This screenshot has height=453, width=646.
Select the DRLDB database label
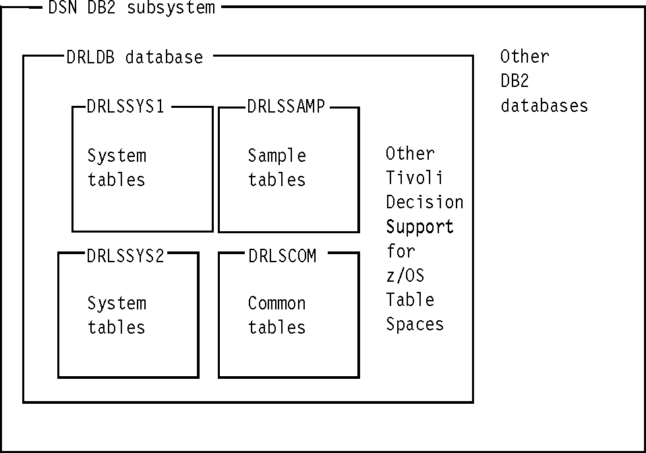coord(134,57)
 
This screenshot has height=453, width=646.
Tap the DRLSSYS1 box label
coord(125,107)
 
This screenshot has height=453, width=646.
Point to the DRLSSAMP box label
coord(287,107)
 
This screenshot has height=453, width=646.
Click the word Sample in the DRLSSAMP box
coord(276,156)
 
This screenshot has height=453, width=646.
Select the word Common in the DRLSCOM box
coord(276,304)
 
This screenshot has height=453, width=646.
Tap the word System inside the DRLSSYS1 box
coord(117,156)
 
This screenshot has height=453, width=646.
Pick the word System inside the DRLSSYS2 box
coord(117,304)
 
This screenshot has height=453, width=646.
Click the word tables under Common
coord(276,328)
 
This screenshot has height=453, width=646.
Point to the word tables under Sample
coord(276,180)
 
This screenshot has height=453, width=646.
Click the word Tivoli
coord(415,178)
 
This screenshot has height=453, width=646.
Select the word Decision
coord(424,202)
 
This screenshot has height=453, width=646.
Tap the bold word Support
coord(419,227)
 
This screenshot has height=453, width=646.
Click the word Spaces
coord(415,324)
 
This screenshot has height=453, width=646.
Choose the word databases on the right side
coord(544,106)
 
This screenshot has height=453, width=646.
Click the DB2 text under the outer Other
coord(515,81)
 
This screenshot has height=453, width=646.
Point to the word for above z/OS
coord(401,251)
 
